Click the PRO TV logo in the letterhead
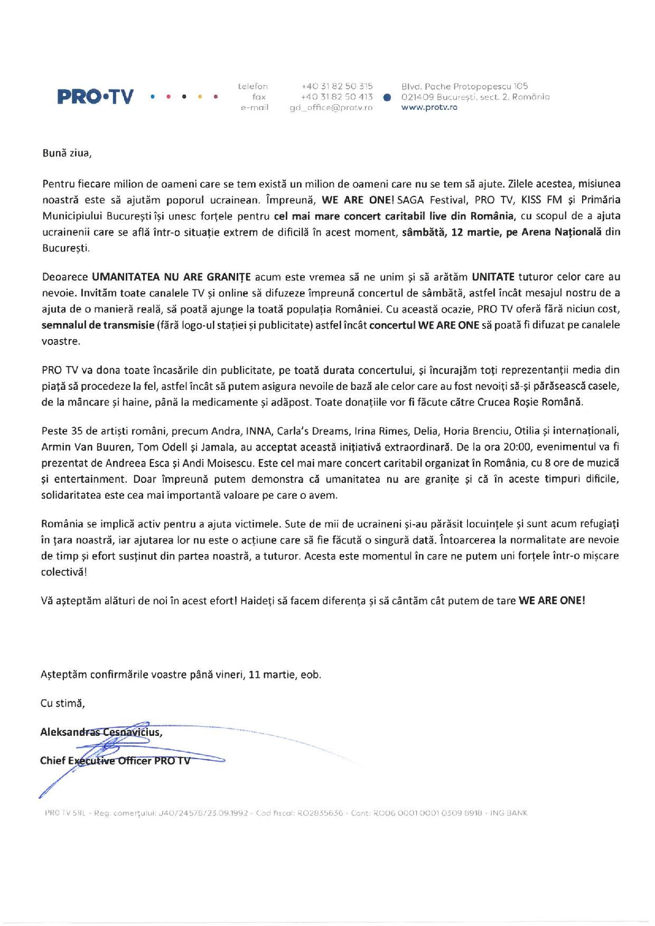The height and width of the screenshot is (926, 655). tap(96, 97)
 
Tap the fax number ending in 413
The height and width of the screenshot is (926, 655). tap(336, 97)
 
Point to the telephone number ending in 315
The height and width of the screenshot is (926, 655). tap(336, 86)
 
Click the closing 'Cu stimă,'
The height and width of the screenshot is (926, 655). tap(63, 704)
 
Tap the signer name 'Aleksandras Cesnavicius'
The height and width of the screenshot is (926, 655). tap(100, 732)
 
